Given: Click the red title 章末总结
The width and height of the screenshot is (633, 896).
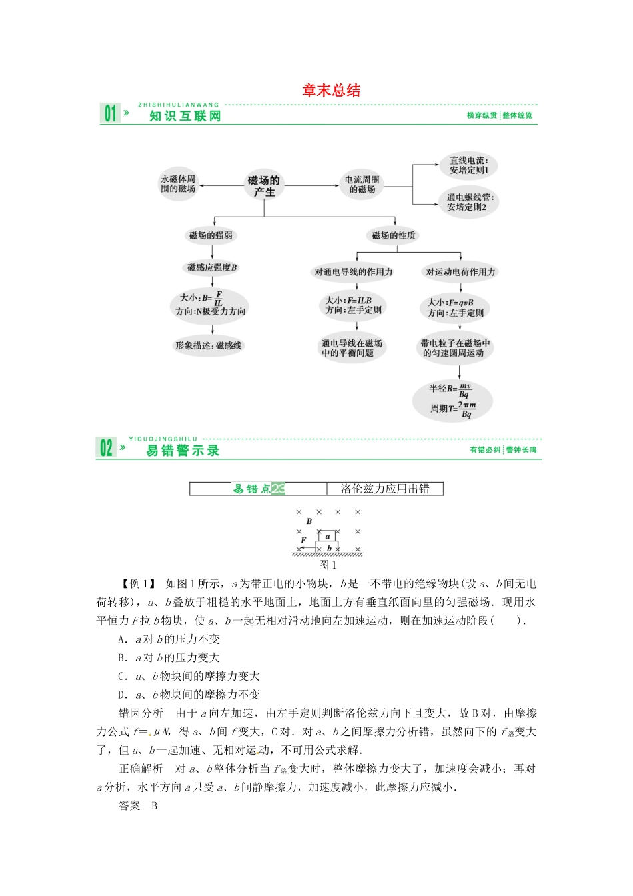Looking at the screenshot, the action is [x=331, y=91].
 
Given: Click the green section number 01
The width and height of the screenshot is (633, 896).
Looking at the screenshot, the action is [x=109, y=114].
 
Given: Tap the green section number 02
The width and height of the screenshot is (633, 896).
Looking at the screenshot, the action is [x=106, y=448].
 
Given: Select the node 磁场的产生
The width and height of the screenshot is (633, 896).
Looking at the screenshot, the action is [x=264, y=186].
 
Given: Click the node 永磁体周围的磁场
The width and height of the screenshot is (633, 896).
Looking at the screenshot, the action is [x=178, y=184].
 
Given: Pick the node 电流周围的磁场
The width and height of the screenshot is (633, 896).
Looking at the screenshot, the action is [x=362, y=185].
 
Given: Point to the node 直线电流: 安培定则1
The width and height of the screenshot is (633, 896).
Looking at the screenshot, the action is [x=468, y=165].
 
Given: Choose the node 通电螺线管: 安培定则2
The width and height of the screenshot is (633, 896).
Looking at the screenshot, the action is [x=470, y=202].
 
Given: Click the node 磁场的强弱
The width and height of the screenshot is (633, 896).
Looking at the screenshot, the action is [x=211, y=235].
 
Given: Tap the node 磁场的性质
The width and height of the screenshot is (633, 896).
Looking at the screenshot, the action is [x=393, y=235].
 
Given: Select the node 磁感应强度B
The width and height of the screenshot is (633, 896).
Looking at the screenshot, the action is [x=211, y=267].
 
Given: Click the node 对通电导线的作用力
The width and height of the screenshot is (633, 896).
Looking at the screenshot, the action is [x=354, y=272].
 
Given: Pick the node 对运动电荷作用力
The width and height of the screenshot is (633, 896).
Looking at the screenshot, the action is [x=460, y=272].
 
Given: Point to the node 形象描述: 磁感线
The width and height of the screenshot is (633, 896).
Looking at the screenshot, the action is [x=208, y=345].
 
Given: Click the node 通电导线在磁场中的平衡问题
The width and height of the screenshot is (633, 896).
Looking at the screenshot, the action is [x=352, y=348].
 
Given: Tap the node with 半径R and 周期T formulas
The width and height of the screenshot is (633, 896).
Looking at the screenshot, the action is [x=453, y=400].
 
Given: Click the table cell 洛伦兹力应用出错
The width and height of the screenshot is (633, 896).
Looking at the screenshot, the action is [x=385, y=489].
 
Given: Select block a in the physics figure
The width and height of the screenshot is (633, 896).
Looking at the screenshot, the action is [x=327, y=536].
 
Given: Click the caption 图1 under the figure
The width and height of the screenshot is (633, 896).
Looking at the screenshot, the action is [x=327, y=565].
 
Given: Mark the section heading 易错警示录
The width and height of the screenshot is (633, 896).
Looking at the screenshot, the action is [x=183, y=451].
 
